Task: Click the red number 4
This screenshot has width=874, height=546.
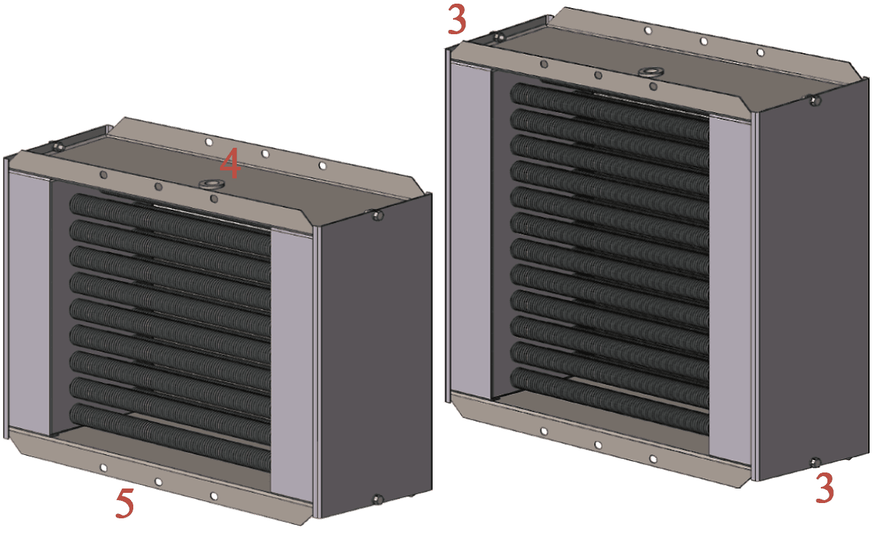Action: (230, 163)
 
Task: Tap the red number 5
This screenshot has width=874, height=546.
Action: (125, 504)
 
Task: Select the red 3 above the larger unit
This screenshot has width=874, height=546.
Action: (457, 20)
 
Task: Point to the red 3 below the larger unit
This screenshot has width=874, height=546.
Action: (824, 488)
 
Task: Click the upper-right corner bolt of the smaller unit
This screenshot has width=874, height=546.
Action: (377, 215)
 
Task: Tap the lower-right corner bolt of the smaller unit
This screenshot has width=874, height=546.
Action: (377, 499)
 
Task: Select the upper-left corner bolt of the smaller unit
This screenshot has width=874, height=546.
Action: (58, 147)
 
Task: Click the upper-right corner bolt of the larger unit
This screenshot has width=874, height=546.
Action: (815, 101)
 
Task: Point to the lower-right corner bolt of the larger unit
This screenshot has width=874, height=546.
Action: (815, 463)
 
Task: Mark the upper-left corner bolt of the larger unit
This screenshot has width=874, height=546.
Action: (498, 37)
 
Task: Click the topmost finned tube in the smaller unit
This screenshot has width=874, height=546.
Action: (170, 225)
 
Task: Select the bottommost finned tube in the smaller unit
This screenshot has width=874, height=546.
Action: (170, 437)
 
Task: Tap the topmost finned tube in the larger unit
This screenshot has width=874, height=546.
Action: (610, 112)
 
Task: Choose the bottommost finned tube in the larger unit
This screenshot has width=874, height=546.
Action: (610, 401)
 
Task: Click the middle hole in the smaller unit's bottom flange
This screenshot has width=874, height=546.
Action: (159, 482)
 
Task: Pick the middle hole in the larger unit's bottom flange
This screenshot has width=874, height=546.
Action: (598, 446)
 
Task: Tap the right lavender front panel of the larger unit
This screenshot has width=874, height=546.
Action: (730, 290)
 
